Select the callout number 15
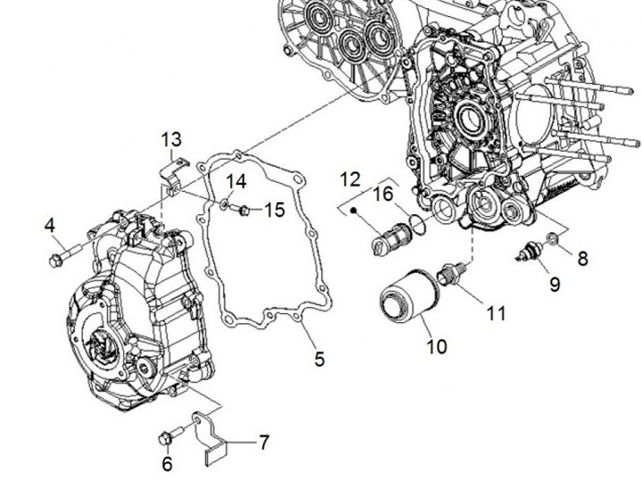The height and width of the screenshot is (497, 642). click(x=275, y=210)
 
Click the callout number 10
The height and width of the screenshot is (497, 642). click(x=436, y=344)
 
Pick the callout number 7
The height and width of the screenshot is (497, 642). click(x=264, y=442)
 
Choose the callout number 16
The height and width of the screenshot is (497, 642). click(x=383, y=195)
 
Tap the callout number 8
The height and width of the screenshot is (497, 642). click(x=582, y=259)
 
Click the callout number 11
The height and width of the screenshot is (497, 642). click(x=495, y=313)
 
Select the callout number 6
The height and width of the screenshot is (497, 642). click(x=167, y=464)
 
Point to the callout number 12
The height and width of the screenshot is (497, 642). click(x=349, y=179)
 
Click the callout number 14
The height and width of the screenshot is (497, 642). click(x=235, y=182)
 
